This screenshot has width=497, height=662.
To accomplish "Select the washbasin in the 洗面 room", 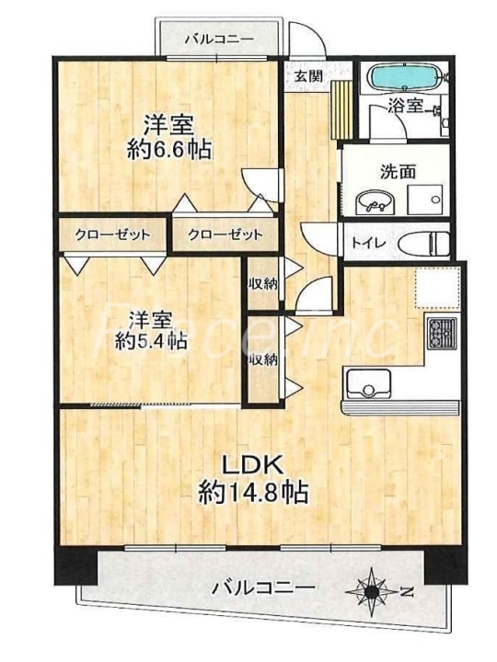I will tap(374, 201).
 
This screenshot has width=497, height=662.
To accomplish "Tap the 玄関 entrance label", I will tap(308, 76).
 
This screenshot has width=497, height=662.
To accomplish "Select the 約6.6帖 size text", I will tap(169, 149).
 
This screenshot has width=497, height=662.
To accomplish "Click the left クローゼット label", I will tap(112, 234).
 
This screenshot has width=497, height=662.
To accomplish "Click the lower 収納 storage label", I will tap(262, 360).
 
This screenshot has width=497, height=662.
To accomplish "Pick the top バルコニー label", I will tap(219, 39).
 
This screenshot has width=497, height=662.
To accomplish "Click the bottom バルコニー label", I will tap(263, 587).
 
